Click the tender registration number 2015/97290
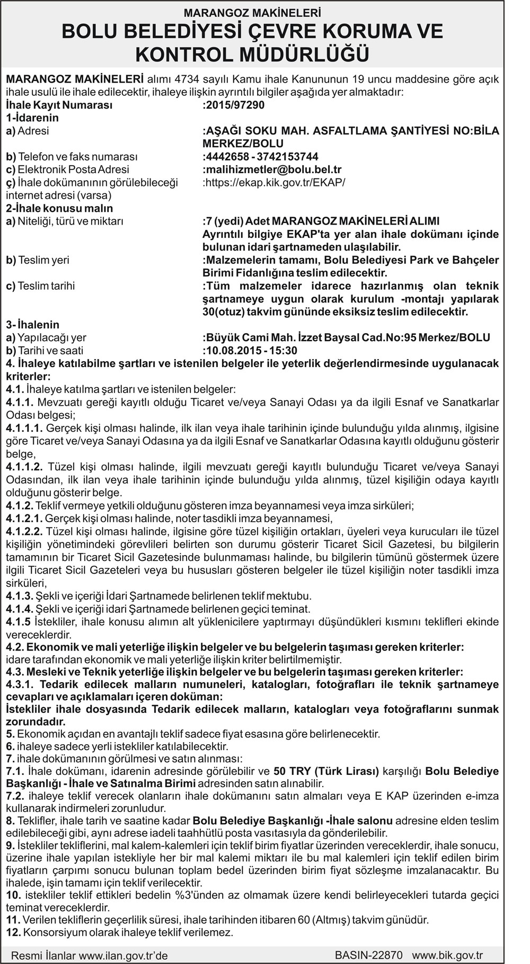coord(234,105)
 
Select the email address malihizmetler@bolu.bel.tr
coord(273,169)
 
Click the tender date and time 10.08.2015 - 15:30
coord(251,351)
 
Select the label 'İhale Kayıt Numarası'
coord(59,105)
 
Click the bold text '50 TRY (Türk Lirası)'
coord(326,771)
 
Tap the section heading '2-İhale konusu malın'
coord(59,208)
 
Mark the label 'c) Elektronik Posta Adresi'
coord(67,169)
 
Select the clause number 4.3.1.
coord(20,685)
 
